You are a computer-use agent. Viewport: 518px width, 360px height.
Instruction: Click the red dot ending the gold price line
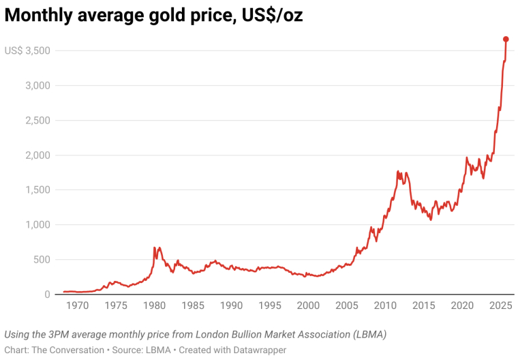click(506, 39)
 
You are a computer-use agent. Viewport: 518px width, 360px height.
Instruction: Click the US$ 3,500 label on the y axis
click(27, 50)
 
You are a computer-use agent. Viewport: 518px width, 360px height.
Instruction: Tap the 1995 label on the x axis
click(270, 305)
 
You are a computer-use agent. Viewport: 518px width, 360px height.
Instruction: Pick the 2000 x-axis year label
click(308, 305)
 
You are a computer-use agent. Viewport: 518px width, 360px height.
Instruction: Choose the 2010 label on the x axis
click(385, 305)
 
